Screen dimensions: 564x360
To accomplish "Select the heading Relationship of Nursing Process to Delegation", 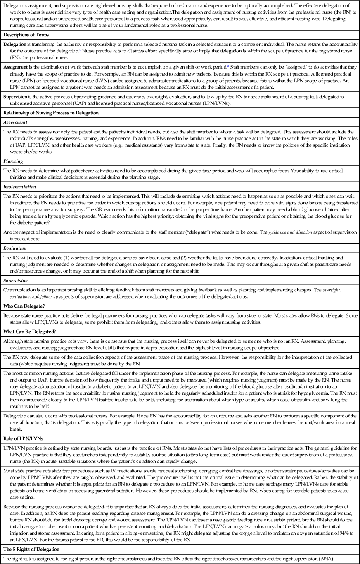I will (x=49, y=112).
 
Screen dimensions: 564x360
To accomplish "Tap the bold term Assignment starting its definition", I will (x=17, y=66).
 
